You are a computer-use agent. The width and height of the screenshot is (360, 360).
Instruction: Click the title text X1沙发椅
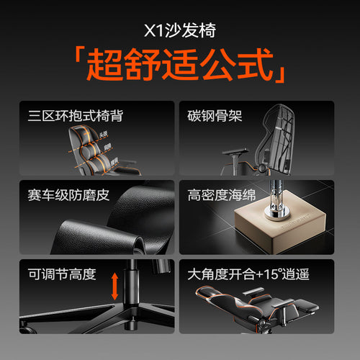180,31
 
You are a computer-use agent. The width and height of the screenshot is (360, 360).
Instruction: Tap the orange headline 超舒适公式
180,66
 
